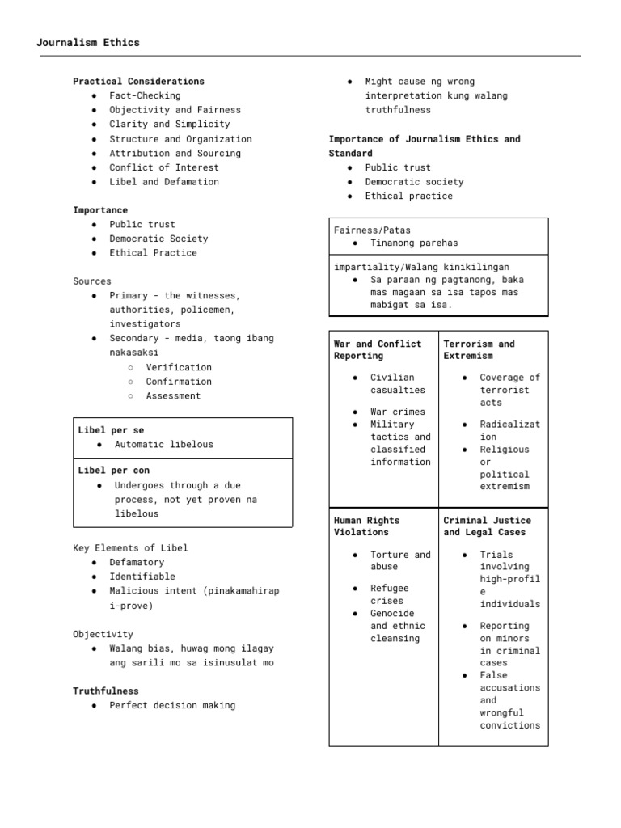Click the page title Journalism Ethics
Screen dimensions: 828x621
click(88, 42)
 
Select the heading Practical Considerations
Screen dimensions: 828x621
click(138, 81)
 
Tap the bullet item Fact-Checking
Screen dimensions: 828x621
click(146, 95)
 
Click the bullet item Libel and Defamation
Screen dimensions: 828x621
click(164, 182)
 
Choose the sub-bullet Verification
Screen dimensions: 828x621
click(179, 367)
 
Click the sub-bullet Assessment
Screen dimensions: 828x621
click(173, 396)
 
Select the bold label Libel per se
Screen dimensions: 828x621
click(111, 430)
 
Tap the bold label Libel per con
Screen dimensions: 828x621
click(114, 470)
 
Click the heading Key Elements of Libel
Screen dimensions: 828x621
click(130, 547)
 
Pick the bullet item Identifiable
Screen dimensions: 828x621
click(142, 577)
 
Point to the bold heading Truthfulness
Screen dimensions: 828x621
click(106, 691)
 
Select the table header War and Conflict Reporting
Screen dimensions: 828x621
click(378, 349)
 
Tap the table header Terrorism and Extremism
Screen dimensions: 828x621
click(479, 349)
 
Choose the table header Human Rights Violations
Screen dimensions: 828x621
click(366, 526)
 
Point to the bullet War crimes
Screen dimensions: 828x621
click(397, 412)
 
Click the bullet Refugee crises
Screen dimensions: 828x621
click(390, 594)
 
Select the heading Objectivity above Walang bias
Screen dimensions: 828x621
click(103, 634)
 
